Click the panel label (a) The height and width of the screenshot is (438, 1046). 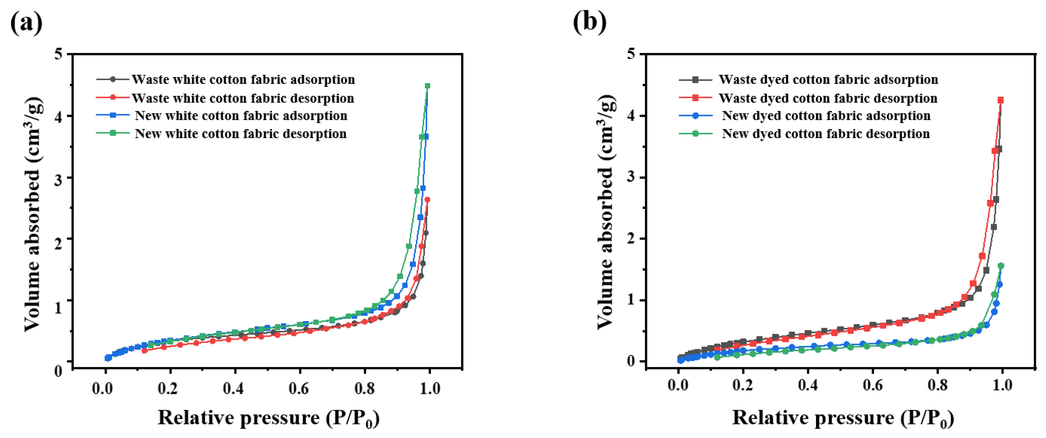(x=26, y=23)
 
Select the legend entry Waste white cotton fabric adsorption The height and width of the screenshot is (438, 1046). (x=243, y=80)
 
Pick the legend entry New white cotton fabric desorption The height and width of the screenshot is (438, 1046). (x=240, y=134)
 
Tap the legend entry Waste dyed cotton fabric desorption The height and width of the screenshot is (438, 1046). (x=827, y=98)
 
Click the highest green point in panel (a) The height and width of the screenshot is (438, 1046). (x=427, y=86)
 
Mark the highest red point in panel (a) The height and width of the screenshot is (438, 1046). (x=427, y=200)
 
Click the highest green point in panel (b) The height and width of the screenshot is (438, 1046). (x=1001, y=266)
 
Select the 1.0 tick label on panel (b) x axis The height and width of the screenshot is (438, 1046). (x=1002, y=385)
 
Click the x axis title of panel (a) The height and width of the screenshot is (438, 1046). (x=268, y=418)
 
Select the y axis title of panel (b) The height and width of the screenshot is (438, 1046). (x=606, y=211)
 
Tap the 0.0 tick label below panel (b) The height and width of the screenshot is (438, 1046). (x=678, y=385)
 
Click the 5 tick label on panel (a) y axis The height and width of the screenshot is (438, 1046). (x=58, y=54)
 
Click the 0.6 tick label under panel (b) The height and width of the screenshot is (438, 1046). (x=872, y=385)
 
